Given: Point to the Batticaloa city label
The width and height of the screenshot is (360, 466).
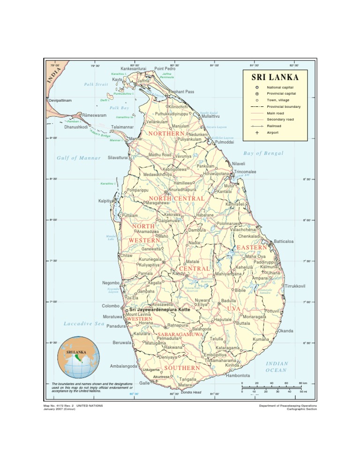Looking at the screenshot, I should (284, 241).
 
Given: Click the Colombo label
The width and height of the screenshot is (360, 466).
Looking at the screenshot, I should (112, 306).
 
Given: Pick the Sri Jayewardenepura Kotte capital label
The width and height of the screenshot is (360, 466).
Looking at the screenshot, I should (159, 310).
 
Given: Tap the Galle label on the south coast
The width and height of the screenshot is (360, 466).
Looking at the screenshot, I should (144, 383).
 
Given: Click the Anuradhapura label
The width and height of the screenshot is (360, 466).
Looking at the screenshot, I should (182, 190).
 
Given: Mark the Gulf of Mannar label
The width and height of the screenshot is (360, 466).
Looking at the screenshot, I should (79, 158).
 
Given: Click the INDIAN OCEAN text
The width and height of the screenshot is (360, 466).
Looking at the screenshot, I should (277, 367).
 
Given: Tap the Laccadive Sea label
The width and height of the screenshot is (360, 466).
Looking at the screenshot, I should (84, 323).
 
